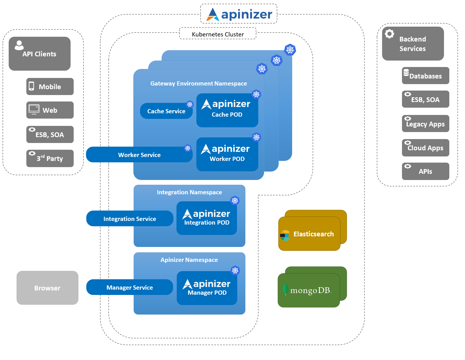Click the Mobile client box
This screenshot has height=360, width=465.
(x=50, y=87)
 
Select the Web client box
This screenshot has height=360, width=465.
(x=50, y=110)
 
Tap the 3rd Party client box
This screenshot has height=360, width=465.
(x=50, y=158)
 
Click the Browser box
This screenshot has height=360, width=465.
(x=47, y=288)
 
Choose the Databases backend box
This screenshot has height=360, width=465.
(x=425, y=76)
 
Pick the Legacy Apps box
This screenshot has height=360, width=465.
(x=425, y=124)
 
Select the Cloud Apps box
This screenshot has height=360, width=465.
(x=425, y=148)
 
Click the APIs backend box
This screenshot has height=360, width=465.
(x=425, y=171)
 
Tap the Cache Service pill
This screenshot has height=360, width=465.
(x=166, y=111)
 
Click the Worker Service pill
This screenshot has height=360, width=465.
(x=139, y=155)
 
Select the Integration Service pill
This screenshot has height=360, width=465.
(x=130, y=219)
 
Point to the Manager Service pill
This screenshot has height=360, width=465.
(x=130, y=287)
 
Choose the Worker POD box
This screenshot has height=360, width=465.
(x=227, y=154)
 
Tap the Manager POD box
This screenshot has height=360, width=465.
(x=207, y=288)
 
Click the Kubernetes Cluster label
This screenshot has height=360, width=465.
(x=218, y=34)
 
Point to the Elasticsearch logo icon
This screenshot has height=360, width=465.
(x=285, y=236)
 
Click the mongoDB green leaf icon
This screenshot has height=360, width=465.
(x=285, y=289)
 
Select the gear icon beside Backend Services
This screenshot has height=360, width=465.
(x=389, y=34)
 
